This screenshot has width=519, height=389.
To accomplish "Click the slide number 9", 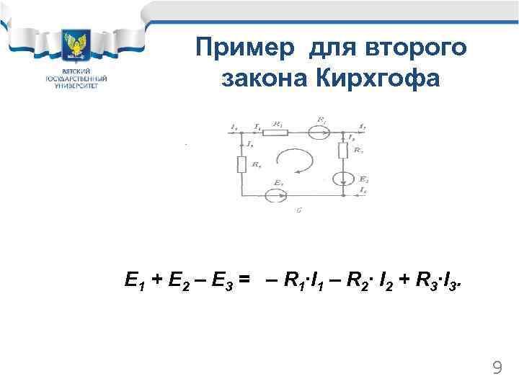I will (497, 369).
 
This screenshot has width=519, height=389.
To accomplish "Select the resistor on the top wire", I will (277, 132).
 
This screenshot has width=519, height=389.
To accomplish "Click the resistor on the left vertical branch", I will (241, 165).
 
